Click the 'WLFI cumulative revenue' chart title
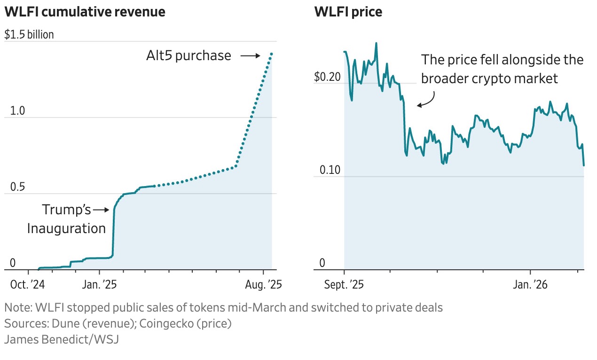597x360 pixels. [x=85, y=12]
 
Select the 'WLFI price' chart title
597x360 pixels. [x=348, y=12]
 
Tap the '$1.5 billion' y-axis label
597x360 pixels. [x=29, y=35]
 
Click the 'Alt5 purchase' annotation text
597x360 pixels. [x=189, y=56]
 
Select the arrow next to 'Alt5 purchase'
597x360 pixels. [x=251, y=56]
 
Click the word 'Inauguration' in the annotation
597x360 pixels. [x=66, y=228]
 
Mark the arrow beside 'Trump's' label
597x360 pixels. [x=101, y=210]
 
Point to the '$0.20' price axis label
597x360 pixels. [x=327, y=77]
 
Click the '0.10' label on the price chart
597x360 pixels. [x=329, y=170]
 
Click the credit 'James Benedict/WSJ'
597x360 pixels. [x=62, y=339]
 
